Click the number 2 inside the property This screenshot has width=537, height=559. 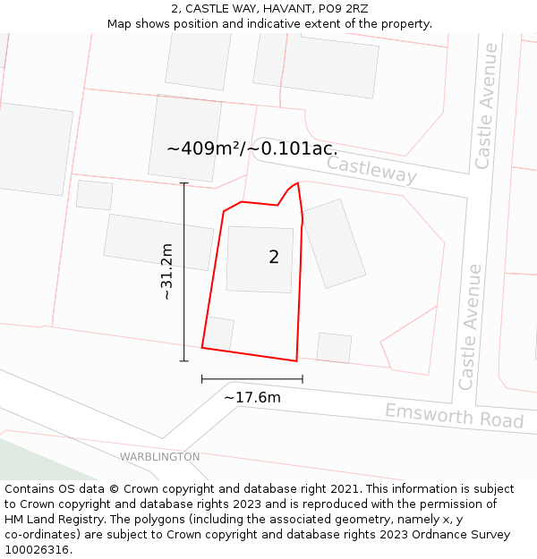(274, 258)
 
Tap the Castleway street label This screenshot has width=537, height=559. (371, 169)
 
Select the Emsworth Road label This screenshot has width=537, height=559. (454, 416)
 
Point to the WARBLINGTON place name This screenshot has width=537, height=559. (160, 457)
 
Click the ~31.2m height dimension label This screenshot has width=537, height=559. (166, 271)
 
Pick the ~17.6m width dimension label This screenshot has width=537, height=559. (251, 397)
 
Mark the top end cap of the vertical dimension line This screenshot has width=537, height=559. (184, 183)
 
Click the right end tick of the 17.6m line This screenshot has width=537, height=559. (303, 378)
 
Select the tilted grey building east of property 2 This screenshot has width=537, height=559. (334, 243)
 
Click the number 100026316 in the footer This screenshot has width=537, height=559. (38, 550)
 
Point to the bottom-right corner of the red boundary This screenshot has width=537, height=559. (296, 361)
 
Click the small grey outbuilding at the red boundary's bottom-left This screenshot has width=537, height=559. (219, 334)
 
